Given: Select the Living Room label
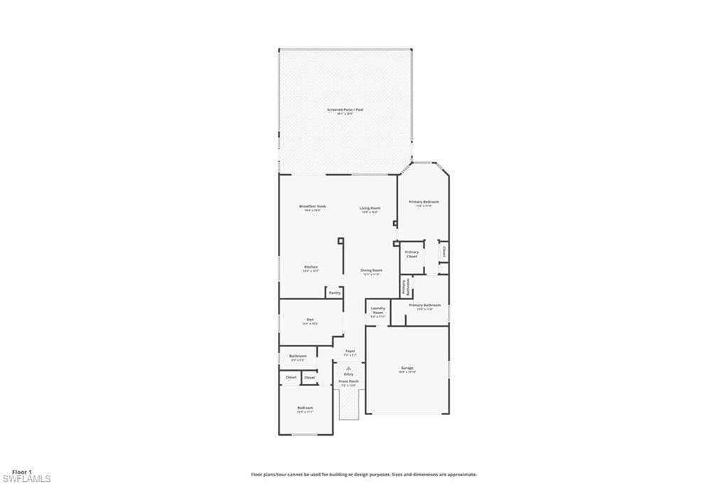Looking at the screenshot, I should tap(370, 209).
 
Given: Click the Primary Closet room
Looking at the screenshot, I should tap(412, 254).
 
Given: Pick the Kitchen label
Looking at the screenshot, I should tap(311, 268).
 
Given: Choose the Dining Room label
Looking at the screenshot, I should tap(371, 271).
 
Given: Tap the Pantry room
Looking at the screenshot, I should tap(334, 292).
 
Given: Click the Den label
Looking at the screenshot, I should tap(310, 321).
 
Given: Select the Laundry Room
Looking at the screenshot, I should tap(378, 311).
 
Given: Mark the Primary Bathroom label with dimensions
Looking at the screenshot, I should tap(425, 306).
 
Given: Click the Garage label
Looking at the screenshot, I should tap(407, 369).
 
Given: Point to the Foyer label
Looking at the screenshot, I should tap(350, 352).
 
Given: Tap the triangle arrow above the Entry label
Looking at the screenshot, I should tap(348, 367).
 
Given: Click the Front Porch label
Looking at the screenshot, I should tap(348, 382).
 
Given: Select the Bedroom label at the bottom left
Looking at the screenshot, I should tap(305, 409).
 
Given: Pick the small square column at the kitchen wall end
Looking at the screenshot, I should tap(340, 240).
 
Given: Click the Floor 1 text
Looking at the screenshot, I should tap(22, 471).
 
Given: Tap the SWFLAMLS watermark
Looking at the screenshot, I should tap(26, 479).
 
